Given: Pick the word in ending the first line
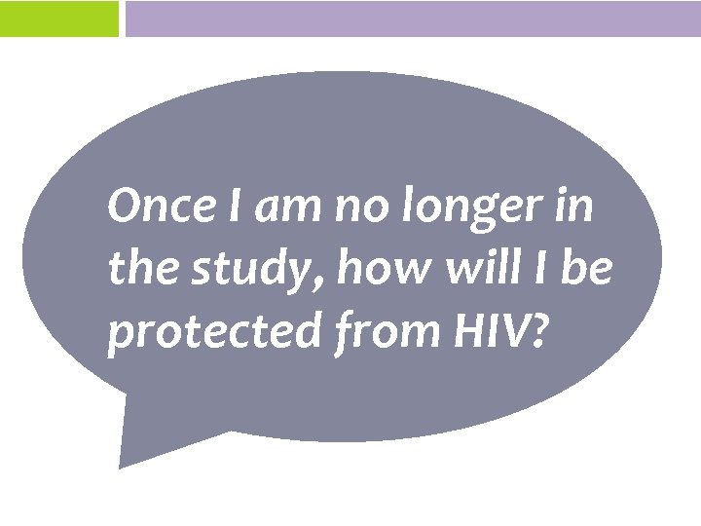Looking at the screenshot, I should coord(575,207).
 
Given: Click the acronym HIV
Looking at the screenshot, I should coord(484,331).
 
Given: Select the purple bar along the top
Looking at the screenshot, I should coord(413,19).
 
